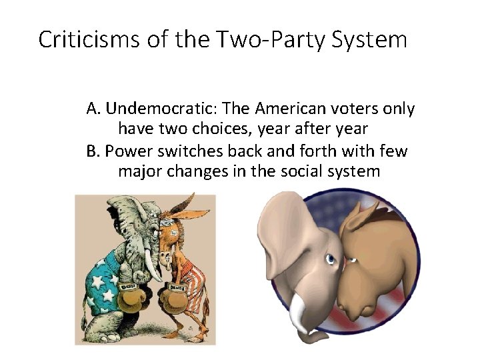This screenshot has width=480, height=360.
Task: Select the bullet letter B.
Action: click(x=93, y=151)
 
